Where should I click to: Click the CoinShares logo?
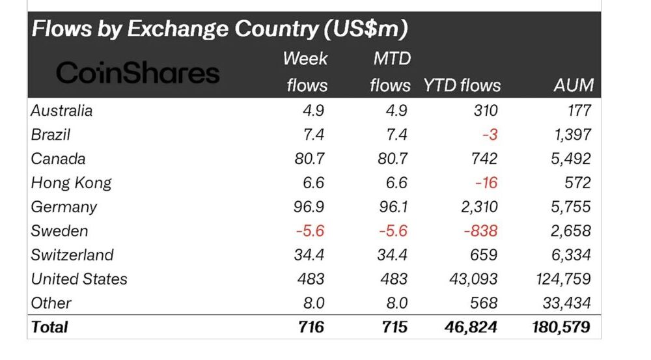[137, 74]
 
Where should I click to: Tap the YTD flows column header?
[462, 85]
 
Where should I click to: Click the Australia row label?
[62, 111]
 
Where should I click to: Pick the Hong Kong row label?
[71, 183]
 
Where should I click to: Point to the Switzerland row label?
[72, 255]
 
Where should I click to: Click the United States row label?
[79, 279]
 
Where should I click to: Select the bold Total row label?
[49, 327]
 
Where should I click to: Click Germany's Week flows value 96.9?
[309, 207]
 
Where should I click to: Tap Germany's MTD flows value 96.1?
[393, 207]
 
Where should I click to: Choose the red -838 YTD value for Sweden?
[481, 231]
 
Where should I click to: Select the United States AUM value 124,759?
[559, 279]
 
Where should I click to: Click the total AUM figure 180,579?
[559, 327]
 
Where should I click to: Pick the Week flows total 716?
[309, 327]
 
